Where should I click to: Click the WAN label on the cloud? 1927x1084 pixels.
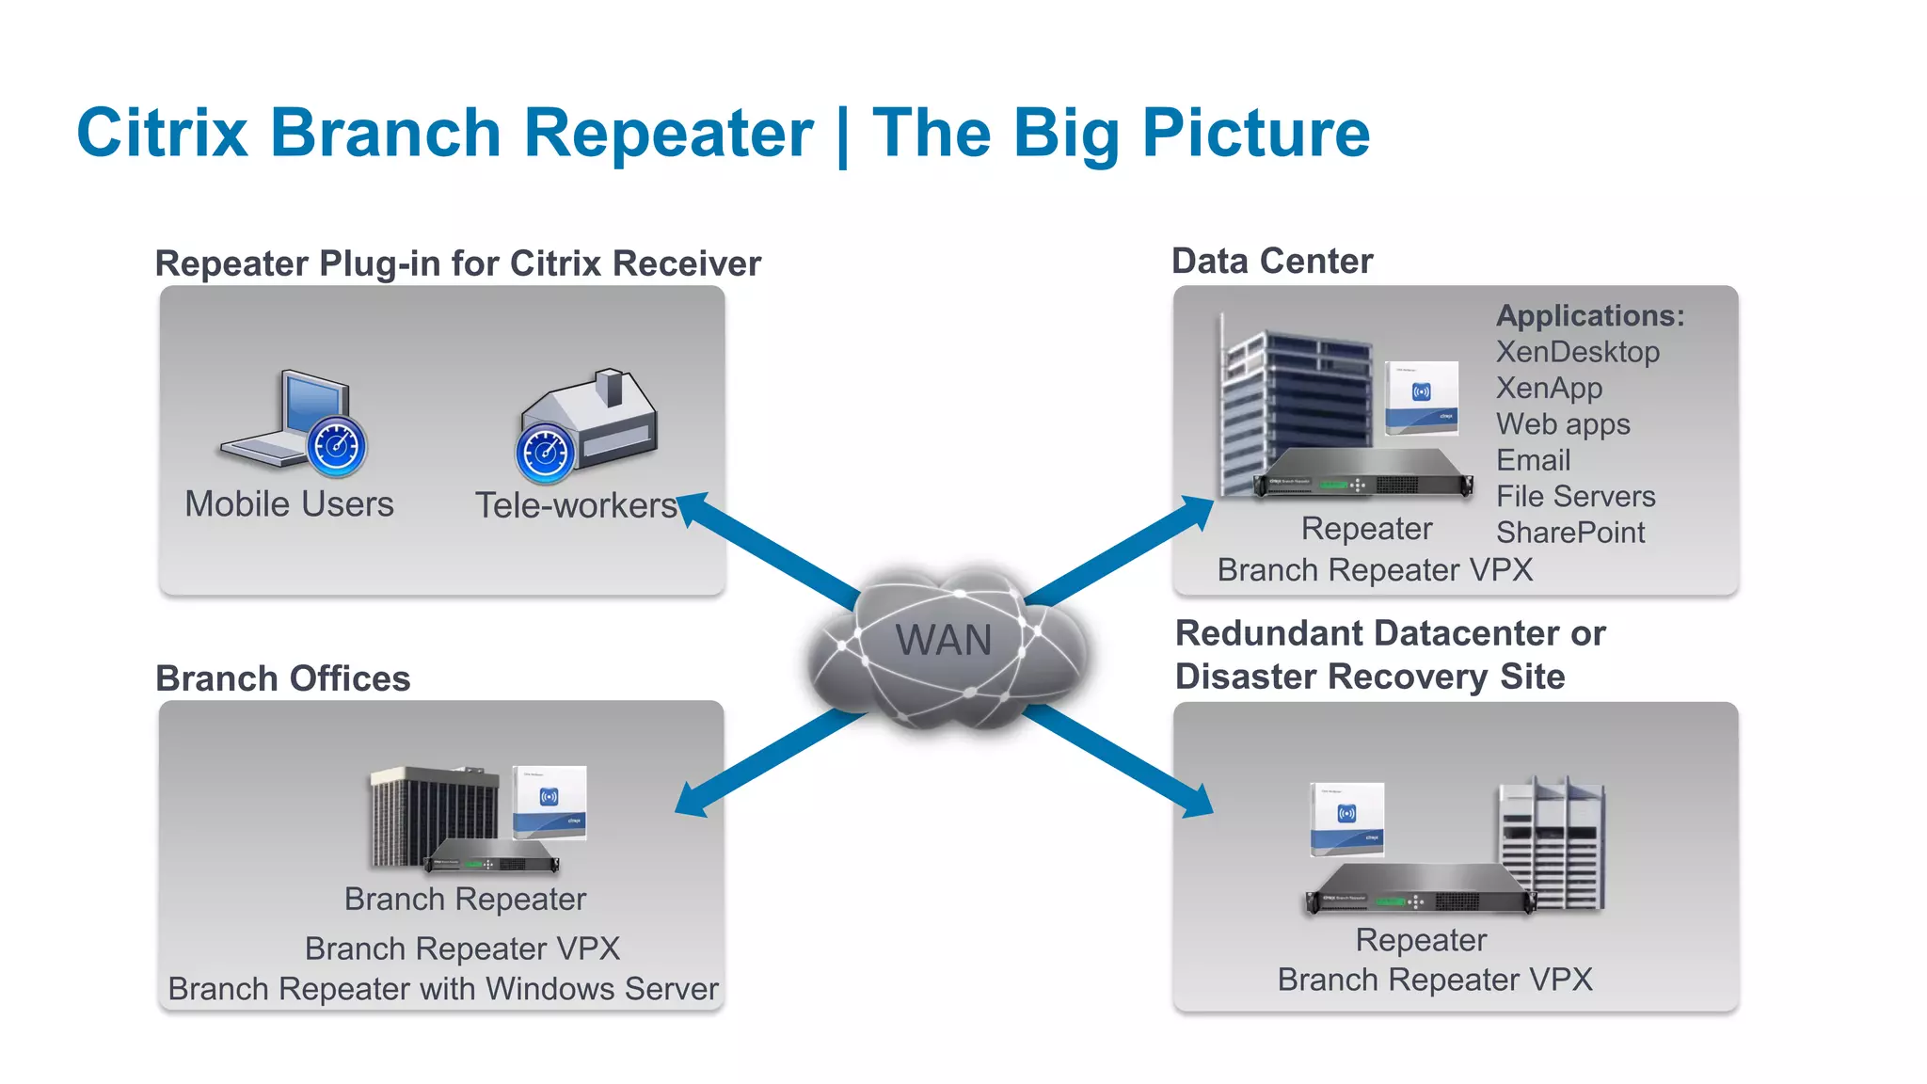pos(943,641)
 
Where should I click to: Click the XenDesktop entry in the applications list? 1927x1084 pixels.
pos(1577,352)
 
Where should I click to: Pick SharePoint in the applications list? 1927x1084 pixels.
pos(1569,533)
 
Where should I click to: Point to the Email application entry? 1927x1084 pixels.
pos(1533,460)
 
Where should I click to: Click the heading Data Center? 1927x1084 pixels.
pos(1271,261)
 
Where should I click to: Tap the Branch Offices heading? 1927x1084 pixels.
pos(282,678)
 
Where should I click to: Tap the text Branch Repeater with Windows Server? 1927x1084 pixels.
pos(442,989)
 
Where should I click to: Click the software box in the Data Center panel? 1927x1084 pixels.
pos(1421,397)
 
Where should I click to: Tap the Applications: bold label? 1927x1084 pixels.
pos(1589,315)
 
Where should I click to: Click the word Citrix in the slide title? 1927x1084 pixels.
pos(162,133)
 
